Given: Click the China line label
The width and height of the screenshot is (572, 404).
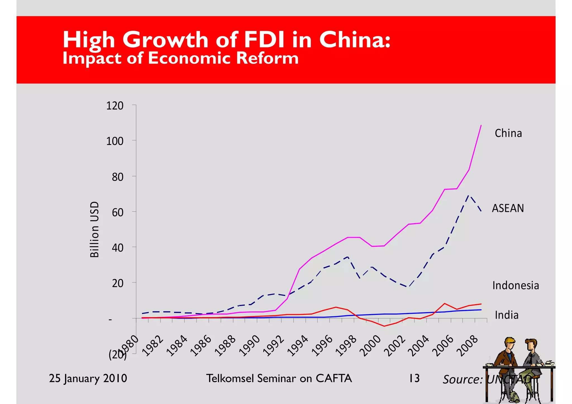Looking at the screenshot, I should (508, 133).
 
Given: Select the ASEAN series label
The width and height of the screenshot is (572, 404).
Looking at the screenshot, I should (507, 208).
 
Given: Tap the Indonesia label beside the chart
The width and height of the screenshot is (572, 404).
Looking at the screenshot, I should (515, 285).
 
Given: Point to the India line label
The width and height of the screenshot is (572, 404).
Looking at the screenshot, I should (506, 315).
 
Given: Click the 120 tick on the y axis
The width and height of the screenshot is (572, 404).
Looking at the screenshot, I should (115, 106).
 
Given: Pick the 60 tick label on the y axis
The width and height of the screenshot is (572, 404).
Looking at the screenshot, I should (118, 212).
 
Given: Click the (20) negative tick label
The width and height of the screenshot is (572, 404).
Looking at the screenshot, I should (116, 355).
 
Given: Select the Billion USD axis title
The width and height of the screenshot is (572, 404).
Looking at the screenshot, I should (94, 229).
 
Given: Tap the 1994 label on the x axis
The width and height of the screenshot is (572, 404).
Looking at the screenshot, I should (298, 346).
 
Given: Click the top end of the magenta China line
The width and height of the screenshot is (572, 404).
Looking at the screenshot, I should (481, 125).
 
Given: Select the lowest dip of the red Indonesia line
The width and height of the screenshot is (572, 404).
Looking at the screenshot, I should (384, 326).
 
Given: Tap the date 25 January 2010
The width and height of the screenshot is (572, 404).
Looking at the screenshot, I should (88, 378).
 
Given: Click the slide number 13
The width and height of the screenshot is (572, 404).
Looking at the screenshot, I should (414, 378).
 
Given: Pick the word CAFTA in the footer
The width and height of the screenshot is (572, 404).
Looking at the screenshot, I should (333, 378).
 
